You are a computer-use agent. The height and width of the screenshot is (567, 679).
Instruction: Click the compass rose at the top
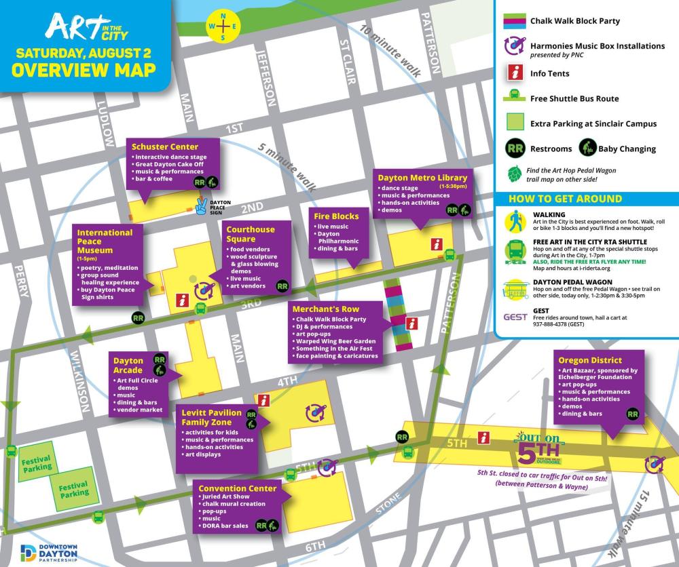223,27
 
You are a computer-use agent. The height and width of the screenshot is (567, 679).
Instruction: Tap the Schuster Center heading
166,146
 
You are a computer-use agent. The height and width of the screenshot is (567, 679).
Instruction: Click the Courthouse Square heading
251,234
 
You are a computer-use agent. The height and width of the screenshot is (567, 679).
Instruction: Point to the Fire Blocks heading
336,216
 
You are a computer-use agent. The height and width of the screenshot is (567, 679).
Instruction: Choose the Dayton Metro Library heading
416,178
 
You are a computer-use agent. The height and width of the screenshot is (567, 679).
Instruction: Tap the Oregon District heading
591,360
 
